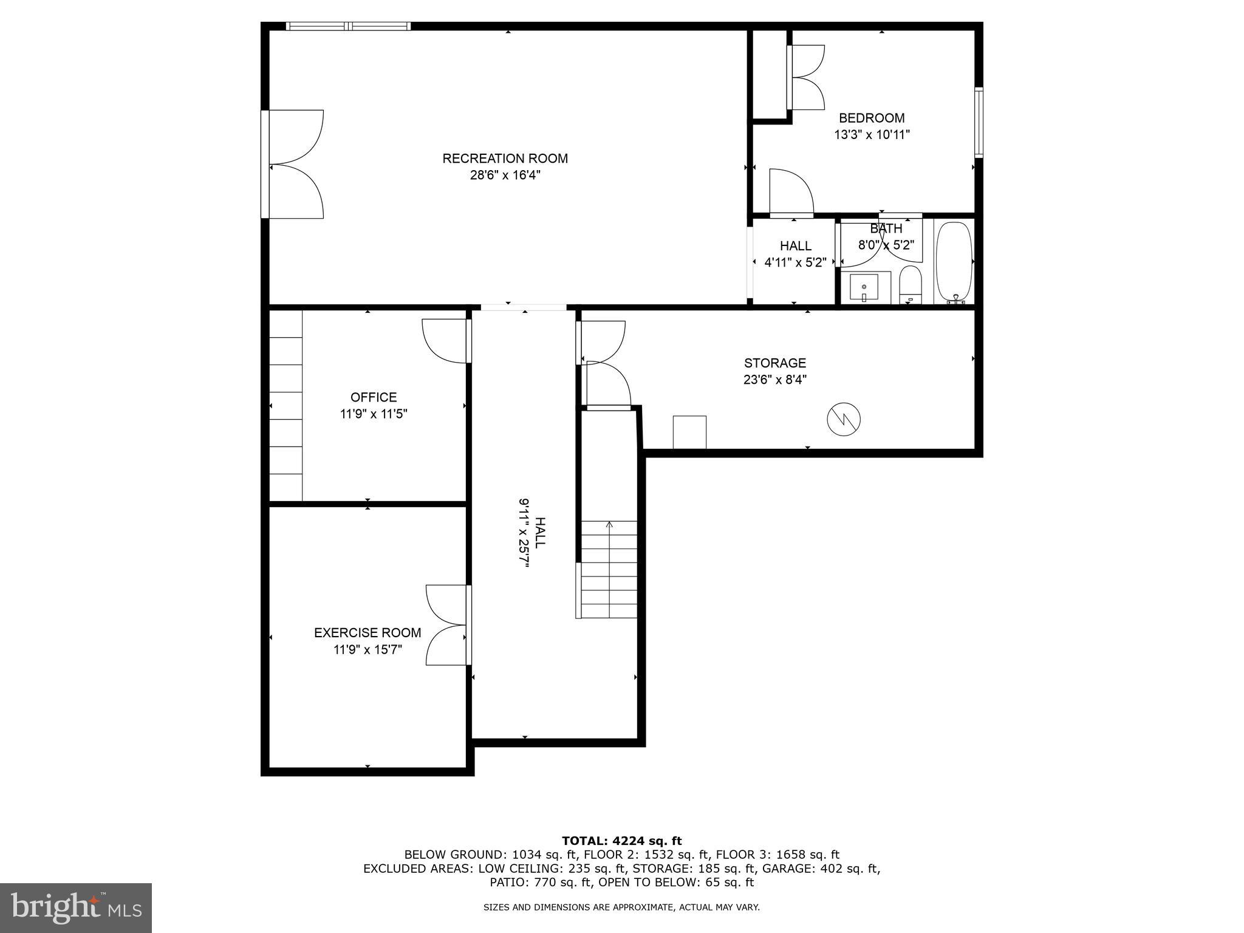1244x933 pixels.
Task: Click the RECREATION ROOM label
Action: click(505, 159)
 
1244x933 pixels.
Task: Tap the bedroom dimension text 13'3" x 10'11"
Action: click(872, 135)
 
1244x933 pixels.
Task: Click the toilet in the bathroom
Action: click(911, 285)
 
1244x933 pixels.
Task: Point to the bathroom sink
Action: click(863, 288)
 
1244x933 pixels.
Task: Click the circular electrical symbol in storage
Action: click(844, 419)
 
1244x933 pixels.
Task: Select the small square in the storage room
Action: click(689, 432)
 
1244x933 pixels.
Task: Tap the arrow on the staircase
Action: click(609, 525)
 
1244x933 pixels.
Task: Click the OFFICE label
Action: click(374, 397)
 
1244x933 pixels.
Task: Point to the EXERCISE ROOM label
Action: click(367, 633)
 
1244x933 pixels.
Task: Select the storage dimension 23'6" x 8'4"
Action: click(775, 380)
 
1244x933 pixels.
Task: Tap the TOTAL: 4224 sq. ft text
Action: click(621, 841)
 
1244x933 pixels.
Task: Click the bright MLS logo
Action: click(76, 907)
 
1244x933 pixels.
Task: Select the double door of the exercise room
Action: click(448, 625)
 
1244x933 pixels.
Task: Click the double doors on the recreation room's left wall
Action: click(295, 164)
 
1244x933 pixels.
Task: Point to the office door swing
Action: click(445, 341)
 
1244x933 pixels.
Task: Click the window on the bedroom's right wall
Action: click(979, 123)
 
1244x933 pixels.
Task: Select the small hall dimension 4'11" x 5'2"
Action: click(795, 263)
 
